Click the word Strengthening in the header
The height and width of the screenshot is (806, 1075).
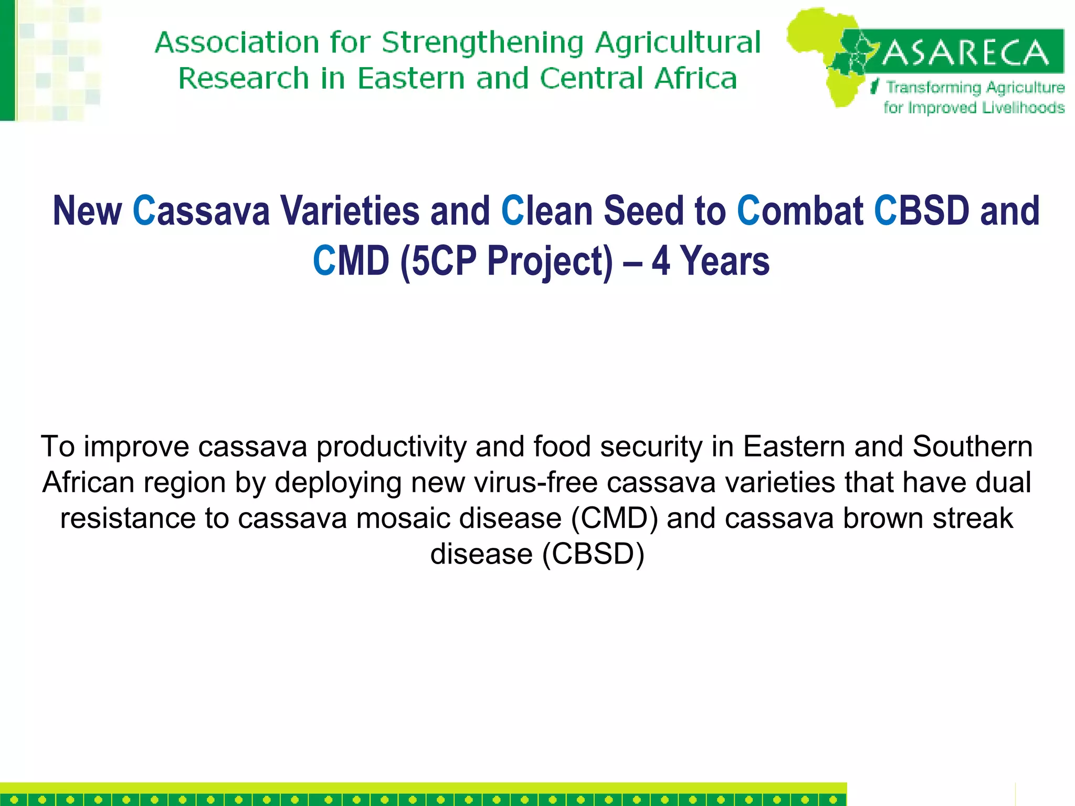pyautogui.click(x=482, y=43)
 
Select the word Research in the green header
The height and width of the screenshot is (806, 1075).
pyautogui.click(x=244, y=79)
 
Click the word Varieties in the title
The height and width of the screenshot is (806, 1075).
pyautogui.click(x=350, y=211)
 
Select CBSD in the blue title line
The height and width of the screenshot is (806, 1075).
pyautogui.click(x=922, y=211)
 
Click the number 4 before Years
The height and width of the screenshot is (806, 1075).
pyautogui.click(x=661, y=261)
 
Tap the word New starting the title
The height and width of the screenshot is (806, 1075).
pyautogui.click(x=87, y=211)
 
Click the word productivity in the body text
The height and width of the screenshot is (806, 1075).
pyautogui.click(x=391, y=447)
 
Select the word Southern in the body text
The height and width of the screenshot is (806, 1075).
pyautogui.click(x=973, y=447)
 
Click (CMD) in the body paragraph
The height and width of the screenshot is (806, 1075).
pyautogui.click(x=614, y=518)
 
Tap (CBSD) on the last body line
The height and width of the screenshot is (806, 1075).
pyautogui.click(x=593, y=554)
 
